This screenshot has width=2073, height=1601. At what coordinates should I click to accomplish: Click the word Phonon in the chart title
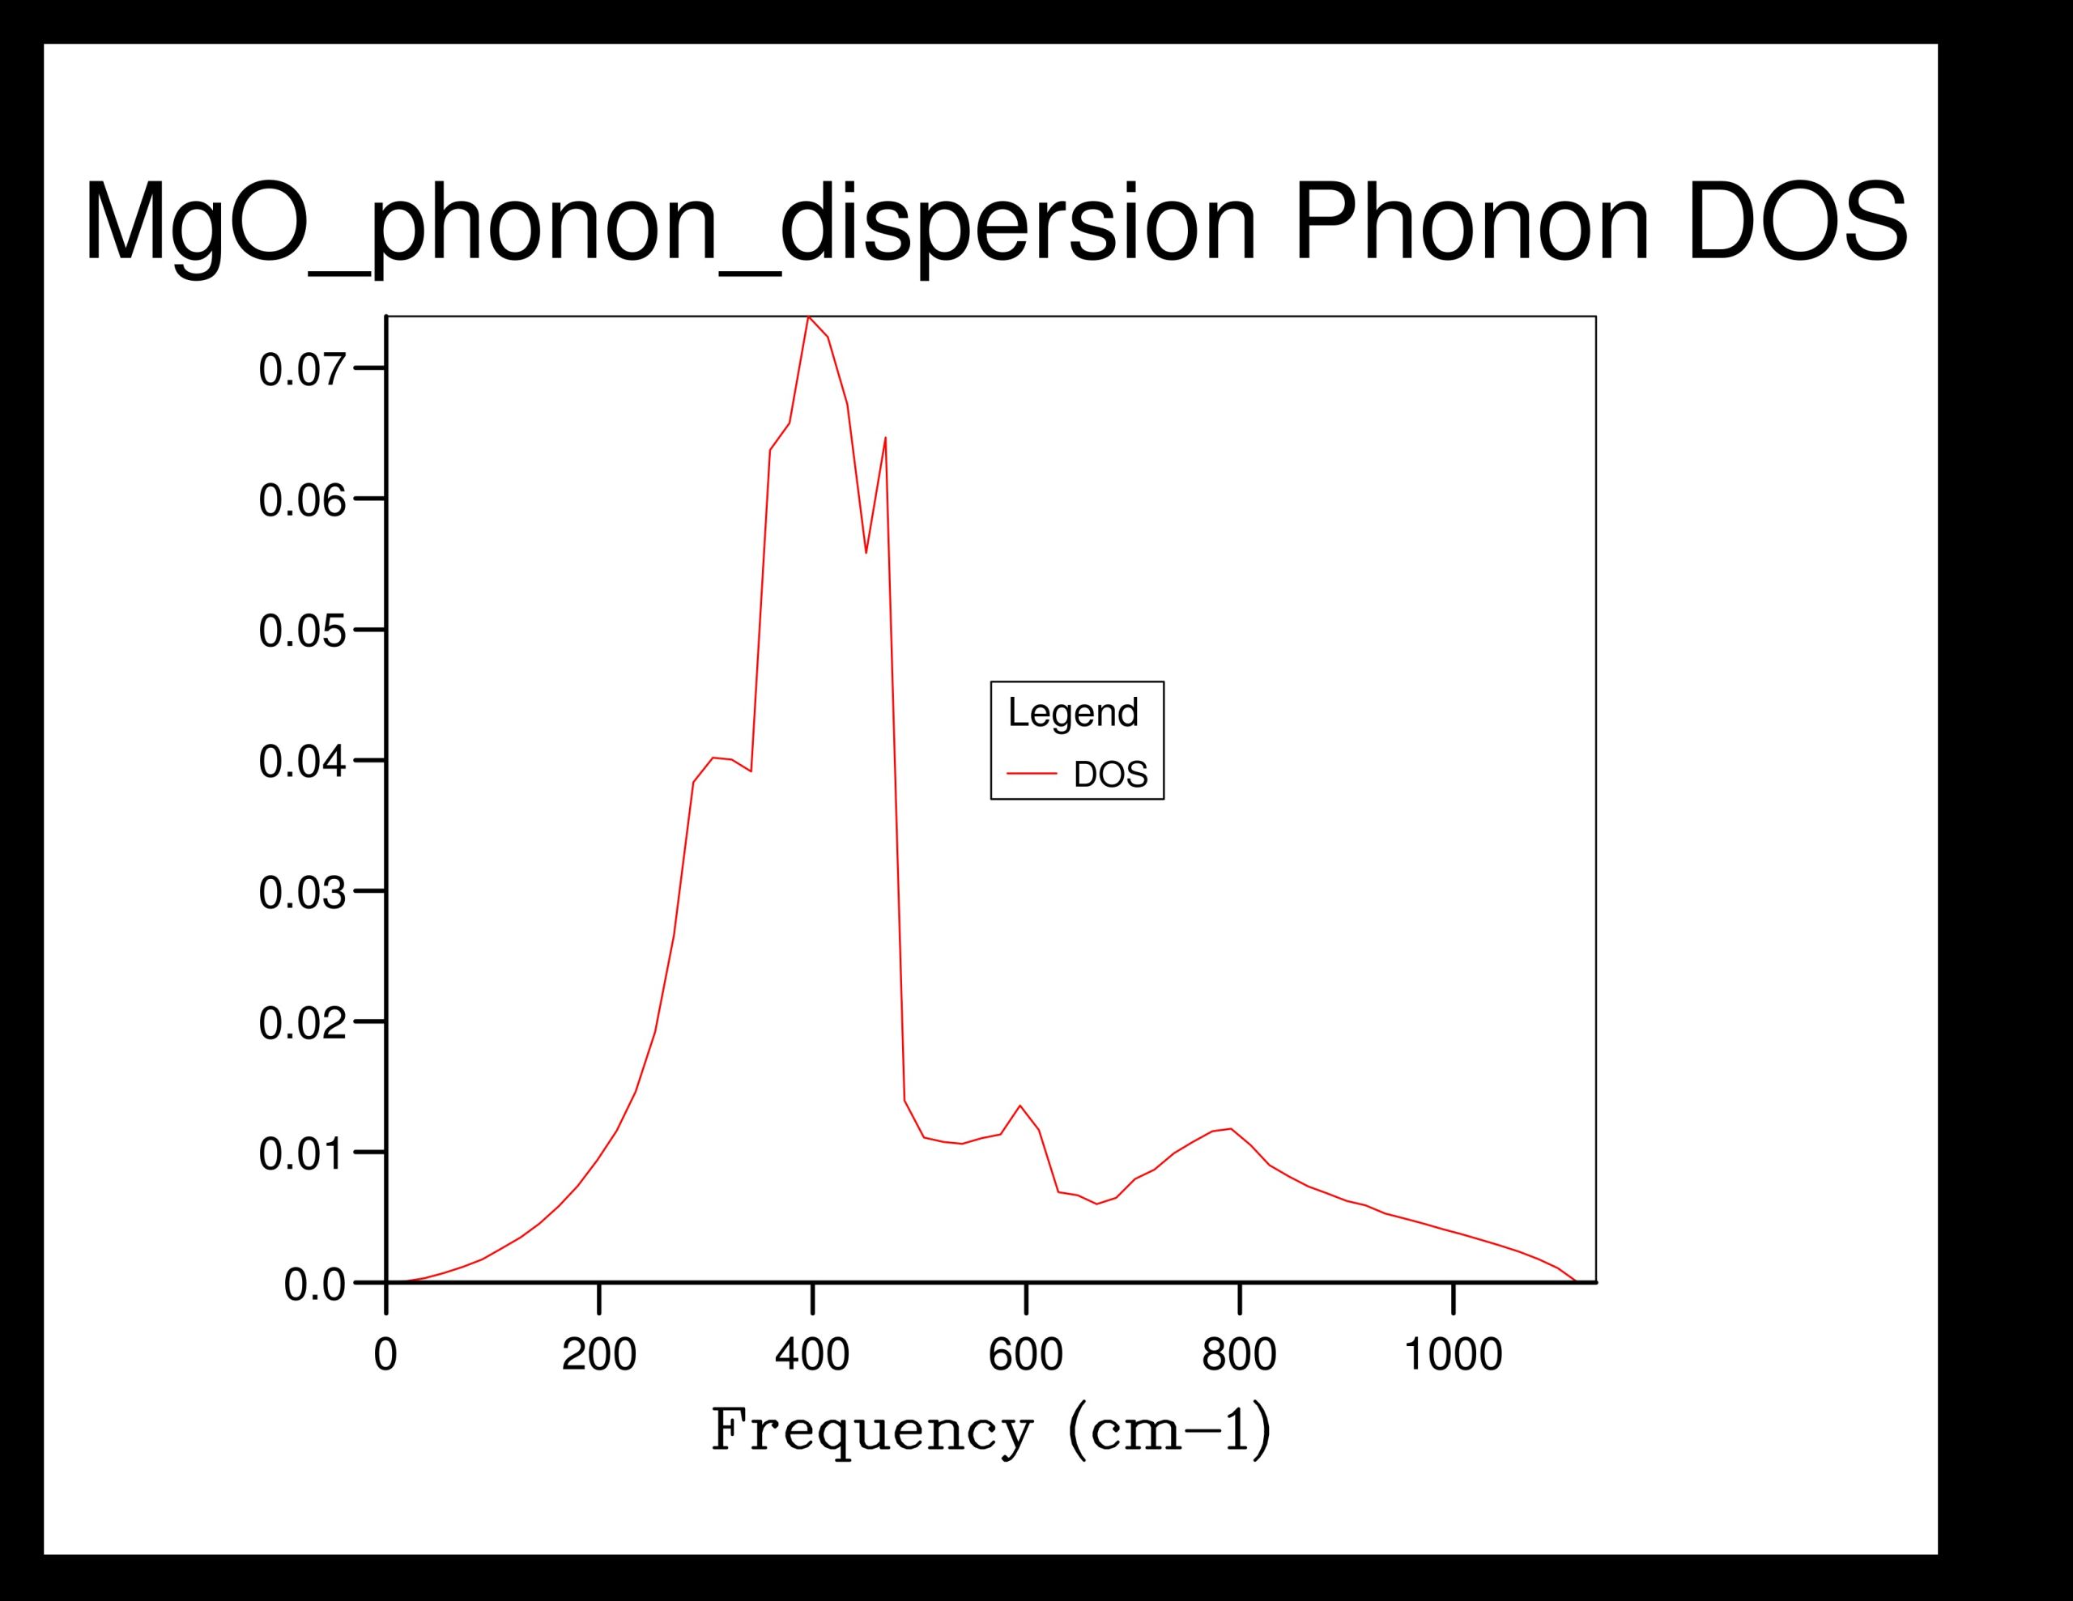point(1471,225)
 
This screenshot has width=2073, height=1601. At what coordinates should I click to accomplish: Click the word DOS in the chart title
point(1797,225)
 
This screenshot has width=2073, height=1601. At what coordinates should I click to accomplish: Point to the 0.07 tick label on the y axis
point(302,369)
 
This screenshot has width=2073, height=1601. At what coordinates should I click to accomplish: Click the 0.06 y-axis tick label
point(302,500)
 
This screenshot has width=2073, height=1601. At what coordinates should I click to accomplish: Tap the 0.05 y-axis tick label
point(302,631)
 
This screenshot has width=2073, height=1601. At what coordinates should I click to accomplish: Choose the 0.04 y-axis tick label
point(302,762)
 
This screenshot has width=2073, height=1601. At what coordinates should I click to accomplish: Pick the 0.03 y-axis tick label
point(302,893)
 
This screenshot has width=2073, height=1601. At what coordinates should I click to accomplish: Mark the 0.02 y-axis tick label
point(302,1024)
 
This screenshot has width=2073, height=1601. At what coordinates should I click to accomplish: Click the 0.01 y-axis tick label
point(302,1155)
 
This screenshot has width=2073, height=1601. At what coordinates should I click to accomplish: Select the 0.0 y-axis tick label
point(314,1286)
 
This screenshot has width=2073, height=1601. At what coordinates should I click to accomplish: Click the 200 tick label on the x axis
point(599,1354)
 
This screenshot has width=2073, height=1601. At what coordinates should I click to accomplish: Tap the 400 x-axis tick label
point(812,1354)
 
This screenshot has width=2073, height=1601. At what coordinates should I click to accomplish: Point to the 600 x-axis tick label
point(1026,1354)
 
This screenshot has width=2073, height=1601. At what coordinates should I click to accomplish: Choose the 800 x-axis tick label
point(1240,1354)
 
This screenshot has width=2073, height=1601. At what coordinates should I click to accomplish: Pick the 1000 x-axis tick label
point(1454,1354)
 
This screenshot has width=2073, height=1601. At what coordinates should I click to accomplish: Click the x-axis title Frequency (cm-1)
point(991,1431)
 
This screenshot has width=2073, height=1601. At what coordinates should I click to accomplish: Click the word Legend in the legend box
point(1073,713)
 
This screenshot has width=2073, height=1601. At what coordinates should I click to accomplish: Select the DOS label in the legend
point(1110,775)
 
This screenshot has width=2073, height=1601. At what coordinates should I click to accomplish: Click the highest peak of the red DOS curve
point(808,317)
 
